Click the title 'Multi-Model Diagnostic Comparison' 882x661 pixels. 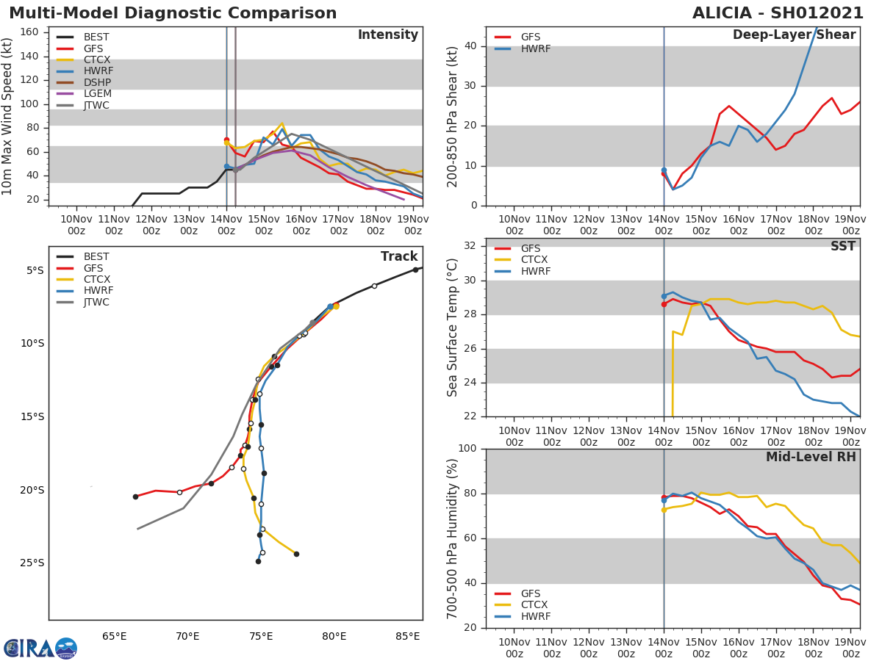173,13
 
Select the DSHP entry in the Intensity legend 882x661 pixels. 98,82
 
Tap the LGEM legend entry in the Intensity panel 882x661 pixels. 98,94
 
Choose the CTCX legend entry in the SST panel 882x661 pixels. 535,260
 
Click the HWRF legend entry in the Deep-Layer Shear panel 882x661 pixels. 535,48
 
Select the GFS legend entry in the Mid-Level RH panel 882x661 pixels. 535,593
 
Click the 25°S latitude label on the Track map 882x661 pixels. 32,563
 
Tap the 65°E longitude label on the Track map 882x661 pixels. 114,636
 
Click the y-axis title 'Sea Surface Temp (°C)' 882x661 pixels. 453,328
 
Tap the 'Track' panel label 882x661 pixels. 398,256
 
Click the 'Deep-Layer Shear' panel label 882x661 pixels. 794,35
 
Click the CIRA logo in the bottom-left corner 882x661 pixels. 40,649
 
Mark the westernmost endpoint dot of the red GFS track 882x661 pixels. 135,496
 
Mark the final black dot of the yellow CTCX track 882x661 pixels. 296,554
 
